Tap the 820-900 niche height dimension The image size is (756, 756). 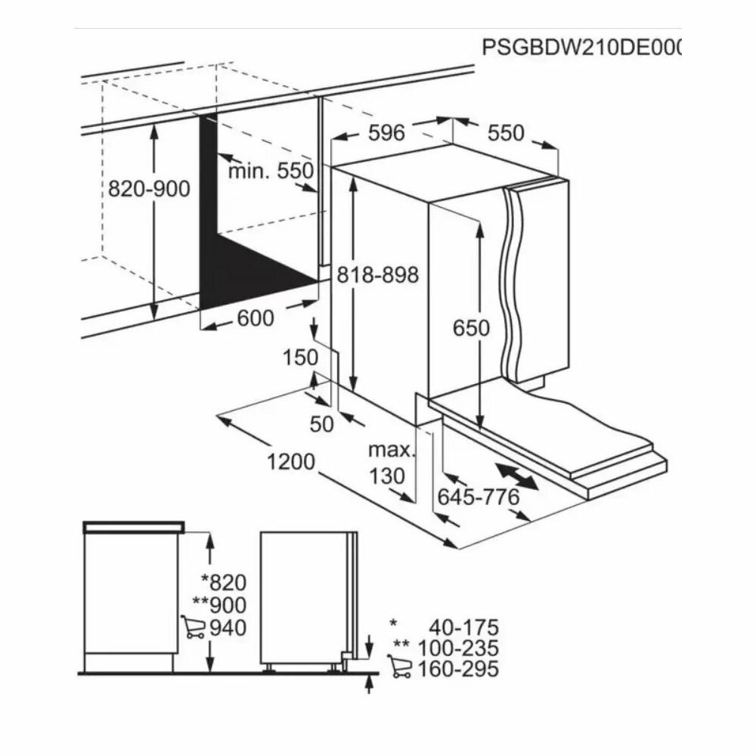[149, 189]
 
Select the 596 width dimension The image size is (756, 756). [386, 132]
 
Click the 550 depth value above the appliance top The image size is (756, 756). [505, 133]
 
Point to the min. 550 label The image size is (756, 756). [270, 172]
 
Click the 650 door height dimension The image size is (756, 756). [472, 328]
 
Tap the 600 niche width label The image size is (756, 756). [255, 319]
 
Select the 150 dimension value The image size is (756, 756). [301, 358]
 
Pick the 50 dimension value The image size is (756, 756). [322, 424]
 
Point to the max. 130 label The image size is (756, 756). [392, 463]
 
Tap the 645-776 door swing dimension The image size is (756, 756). [479, 497]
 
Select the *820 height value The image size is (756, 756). [224, 582]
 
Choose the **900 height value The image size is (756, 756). [219, 605]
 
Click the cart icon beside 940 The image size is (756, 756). [193, 627]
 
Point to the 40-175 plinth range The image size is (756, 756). [462, 627]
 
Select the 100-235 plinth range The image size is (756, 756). [462, 648]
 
